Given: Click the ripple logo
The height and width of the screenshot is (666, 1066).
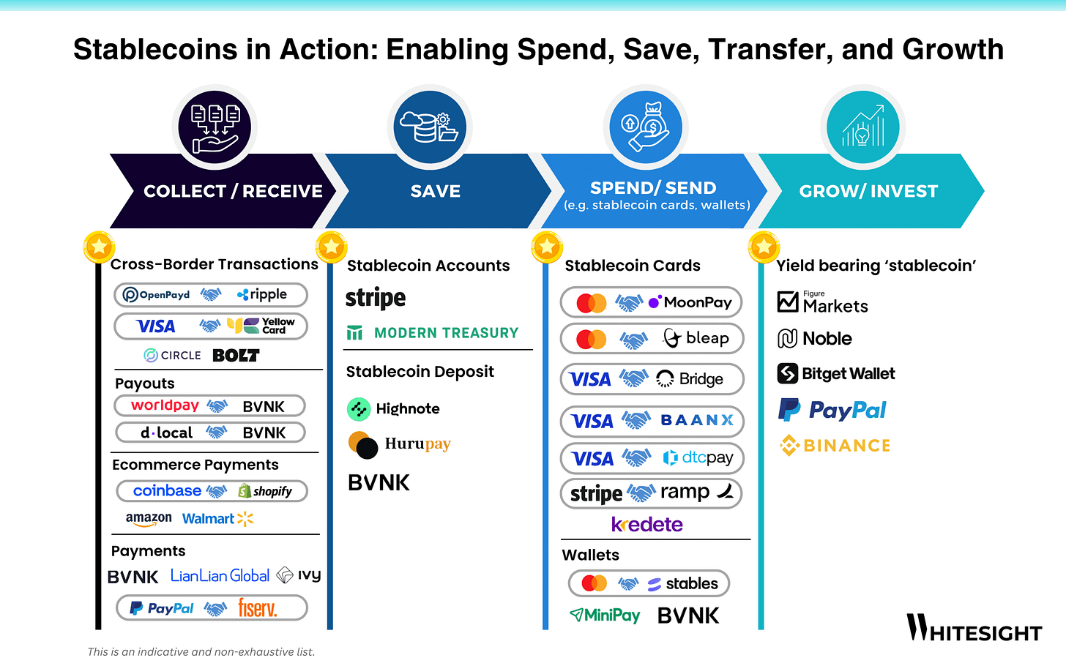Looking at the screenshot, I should point(262,294).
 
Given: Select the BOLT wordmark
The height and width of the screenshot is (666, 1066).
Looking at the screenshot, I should point(236,356).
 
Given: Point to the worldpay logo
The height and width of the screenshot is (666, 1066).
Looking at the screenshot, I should point(165,405).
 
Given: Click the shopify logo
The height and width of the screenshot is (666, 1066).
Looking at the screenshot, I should point(265,491).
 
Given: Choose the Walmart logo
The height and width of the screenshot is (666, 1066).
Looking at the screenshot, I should point(217,519).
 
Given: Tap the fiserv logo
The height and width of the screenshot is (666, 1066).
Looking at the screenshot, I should point(257,608).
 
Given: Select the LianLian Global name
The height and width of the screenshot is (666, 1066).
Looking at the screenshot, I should point(220,576).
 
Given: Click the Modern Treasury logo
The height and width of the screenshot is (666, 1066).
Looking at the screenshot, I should point(433,333).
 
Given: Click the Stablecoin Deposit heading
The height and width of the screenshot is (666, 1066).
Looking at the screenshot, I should point(420,372).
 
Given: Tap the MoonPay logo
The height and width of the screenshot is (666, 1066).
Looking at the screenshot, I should point(690,302).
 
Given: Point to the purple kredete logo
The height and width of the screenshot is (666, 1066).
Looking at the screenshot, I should point(646,525).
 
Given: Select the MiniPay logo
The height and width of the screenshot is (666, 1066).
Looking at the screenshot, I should point(605,616).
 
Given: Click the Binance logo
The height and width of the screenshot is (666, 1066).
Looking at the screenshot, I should point(835,445).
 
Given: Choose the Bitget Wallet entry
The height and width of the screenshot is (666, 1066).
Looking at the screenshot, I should point(836,374).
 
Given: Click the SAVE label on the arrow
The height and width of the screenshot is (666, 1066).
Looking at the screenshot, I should point(436,191).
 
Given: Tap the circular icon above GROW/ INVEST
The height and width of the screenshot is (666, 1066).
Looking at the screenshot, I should point(862,127).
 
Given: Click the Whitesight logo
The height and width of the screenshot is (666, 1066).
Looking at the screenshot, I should point(974,629).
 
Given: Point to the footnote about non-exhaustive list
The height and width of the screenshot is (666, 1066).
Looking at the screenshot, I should point(201,651).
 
